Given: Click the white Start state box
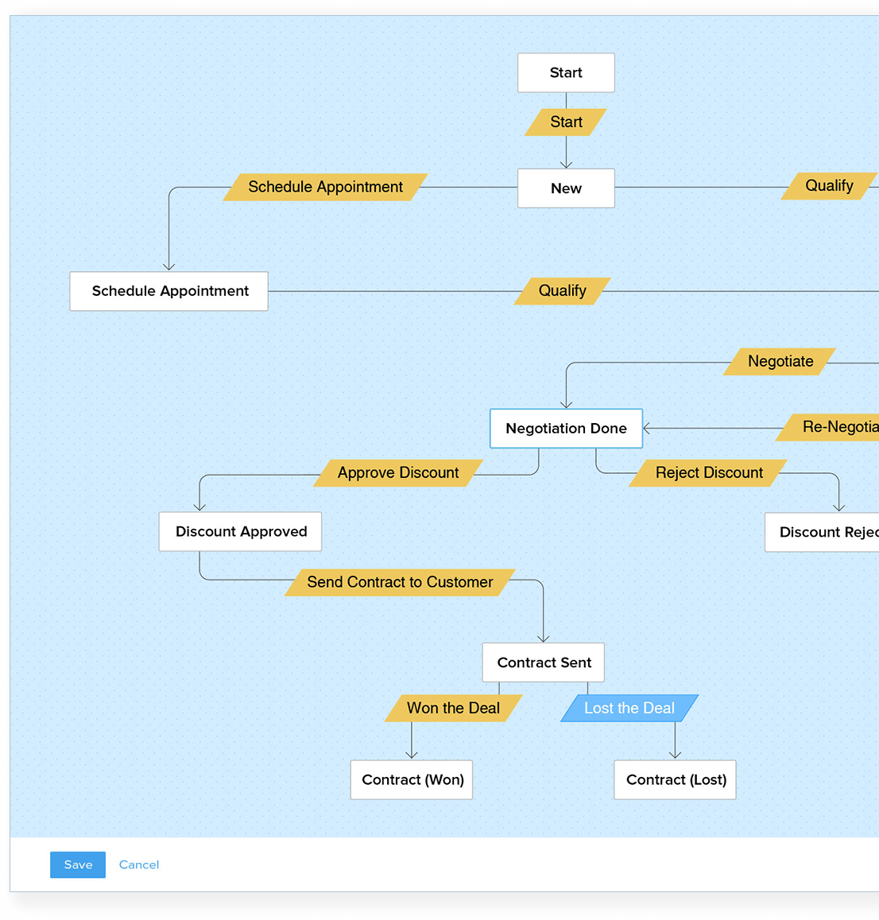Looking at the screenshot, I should pyautogui.click(x=566, y=72).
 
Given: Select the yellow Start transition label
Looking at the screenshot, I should pyautogui.click(x=566, y=122).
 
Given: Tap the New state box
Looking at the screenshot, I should pyautogui.click(x=566, y=188).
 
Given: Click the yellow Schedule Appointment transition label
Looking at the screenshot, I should pyautogui.click(x=325, y=187).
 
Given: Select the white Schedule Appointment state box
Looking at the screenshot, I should pyautogui.click(x=169, y=291).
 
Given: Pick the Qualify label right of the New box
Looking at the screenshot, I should pyautogui.click(x=829, y=186).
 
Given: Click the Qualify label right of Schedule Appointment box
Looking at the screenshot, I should pyautogui.click(x=562, y=291).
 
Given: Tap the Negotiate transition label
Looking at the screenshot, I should pyautogui.click(x=780, y=362).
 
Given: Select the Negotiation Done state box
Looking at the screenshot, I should pyautogui.click(x=566, y=429).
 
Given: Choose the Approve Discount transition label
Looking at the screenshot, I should pyautogui.click(x=398, y=473).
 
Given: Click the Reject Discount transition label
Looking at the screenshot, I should pyautogui.click(x=709, y=473).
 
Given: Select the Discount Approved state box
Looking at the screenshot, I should pyautogui.click(x=241, y=532).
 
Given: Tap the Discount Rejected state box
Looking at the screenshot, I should pyautogui.click(x=823, y=533).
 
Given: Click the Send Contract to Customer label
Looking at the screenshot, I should pyautogui.click(x=400, y=582).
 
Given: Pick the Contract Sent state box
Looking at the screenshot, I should pyautogui.click(x=544, y=662).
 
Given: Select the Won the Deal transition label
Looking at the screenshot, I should pyautogui.click(x=453, y=708).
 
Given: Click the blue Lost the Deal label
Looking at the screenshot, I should pyautogui.click(x=629, y=708).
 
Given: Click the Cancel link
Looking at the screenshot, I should pyautogui.click(x=139, y=864).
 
